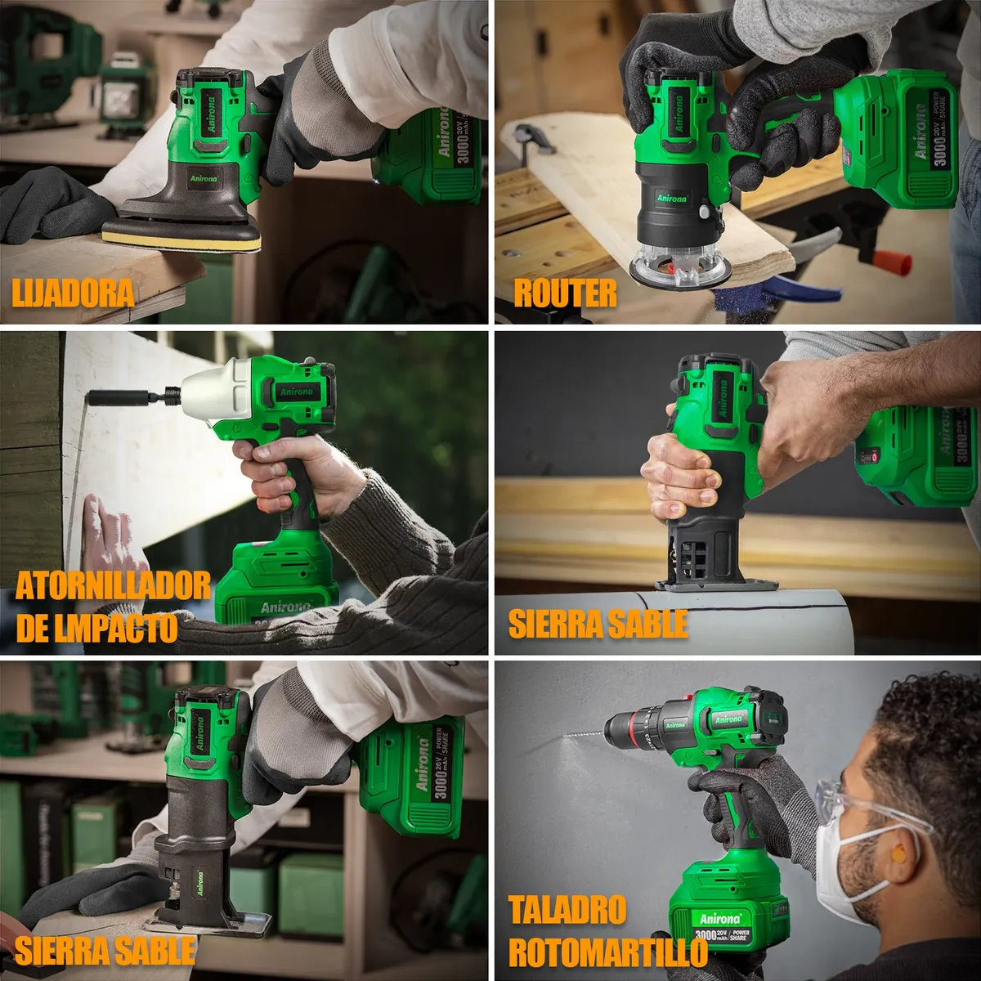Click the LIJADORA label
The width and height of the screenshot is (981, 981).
coord(74,292)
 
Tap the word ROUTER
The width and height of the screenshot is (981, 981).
coord(565,293)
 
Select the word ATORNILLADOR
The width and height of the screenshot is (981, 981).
coord(113,586)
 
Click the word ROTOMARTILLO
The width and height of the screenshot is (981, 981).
coord(607,952)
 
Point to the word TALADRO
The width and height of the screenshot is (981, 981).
coord(567,910)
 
